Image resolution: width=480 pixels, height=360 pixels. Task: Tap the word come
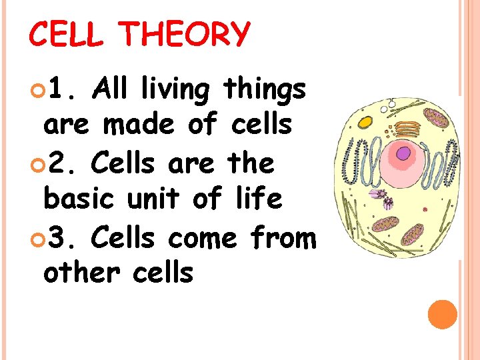[x=203, y=237]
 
